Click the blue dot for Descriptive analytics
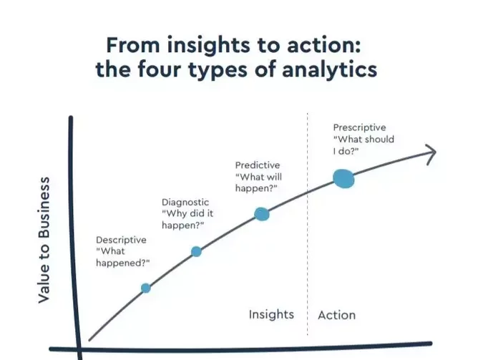point(146,288)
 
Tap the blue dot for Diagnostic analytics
point(196,251)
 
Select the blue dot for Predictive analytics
point(262,214)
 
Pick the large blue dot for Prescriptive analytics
point(343,179)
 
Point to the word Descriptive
point(121,240)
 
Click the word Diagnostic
point(185,202)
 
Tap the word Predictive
point(258,165)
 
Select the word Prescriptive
point(359,127)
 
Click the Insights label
point(271,315)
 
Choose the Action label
point(336,315)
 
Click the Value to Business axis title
point(44,240)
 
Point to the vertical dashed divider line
point(307,224)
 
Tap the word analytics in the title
point(329,70)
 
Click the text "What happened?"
point(123,257)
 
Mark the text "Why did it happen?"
point(187,220)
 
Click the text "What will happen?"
point(258,183)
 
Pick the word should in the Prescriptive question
point(379,140)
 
